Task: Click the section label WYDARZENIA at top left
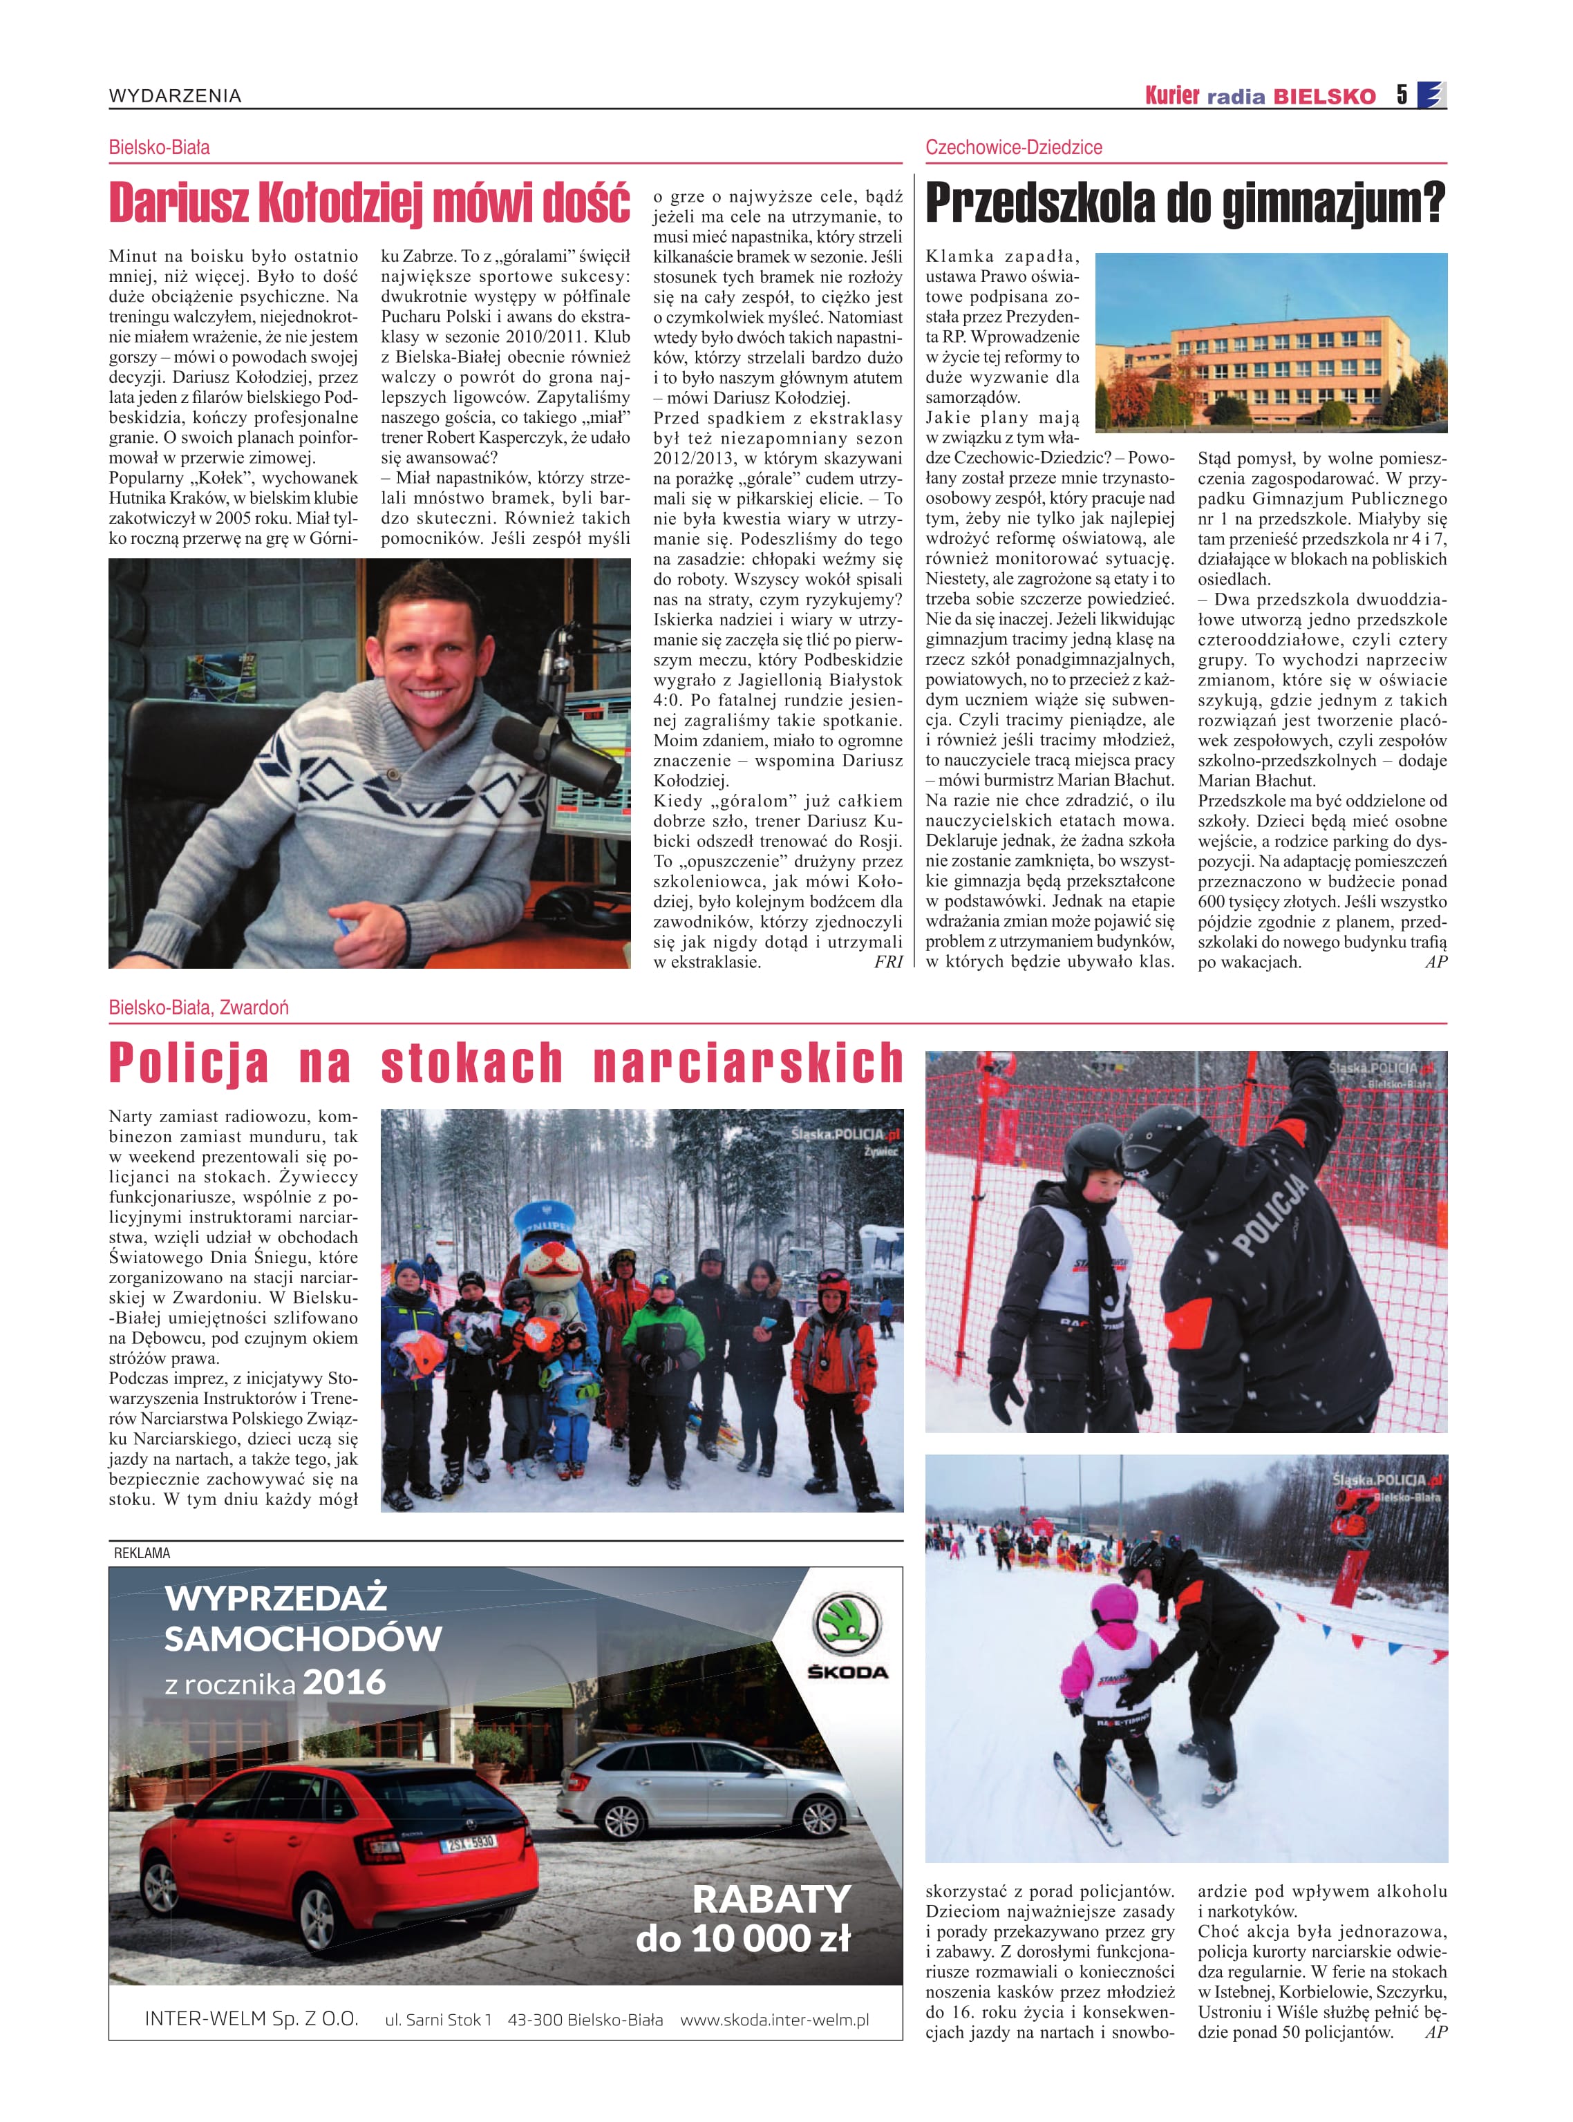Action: pyautogui.click(x=176, y=95)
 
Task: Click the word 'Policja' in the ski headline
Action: pyautogui.click(x=189, y=1063)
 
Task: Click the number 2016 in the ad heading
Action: pyautogui.click(x=345, y=1681)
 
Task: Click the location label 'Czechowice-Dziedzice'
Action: pyautogui.click(x=1013, y=148)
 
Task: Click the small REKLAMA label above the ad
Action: pyautogui.click(x=142, y=1553)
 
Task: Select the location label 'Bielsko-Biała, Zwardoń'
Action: pyautogui.click(x=198, y=1007)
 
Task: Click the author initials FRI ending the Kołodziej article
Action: pyautogui.click(x=887, y=962)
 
